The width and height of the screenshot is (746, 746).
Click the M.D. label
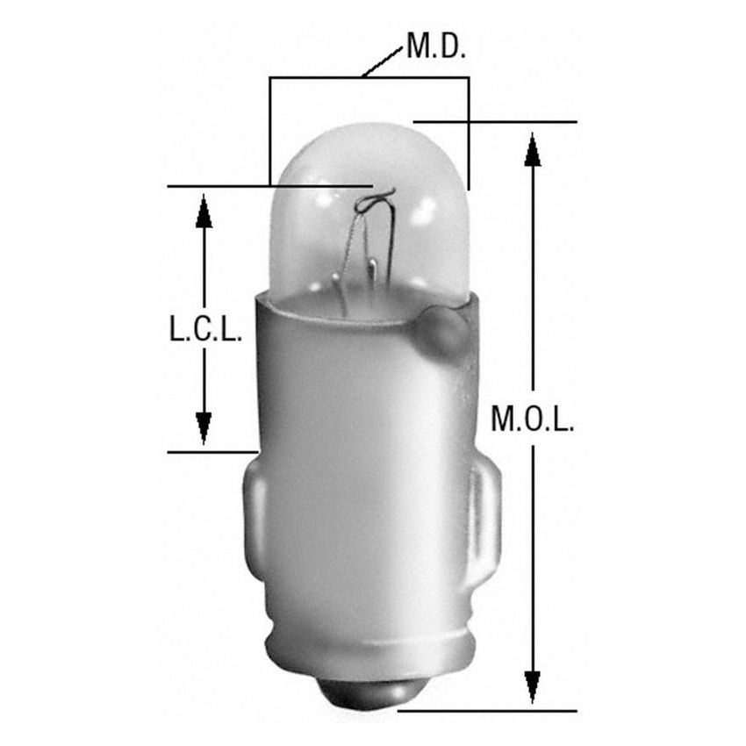coord(435,47)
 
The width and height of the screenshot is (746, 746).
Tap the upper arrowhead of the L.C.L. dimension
coord(204,212)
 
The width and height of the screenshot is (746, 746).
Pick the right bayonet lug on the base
coord(485,518)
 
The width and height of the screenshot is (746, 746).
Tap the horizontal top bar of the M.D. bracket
coord(369,78)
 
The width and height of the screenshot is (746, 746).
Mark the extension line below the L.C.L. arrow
coord(211,452)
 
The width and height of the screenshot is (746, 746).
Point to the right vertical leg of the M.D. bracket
coord(469,132)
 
